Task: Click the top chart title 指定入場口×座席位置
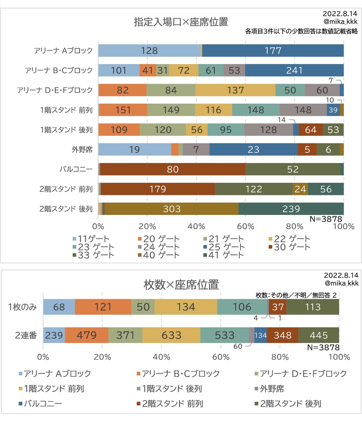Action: click(181, 22)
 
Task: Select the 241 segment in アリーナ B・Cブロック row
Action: click(294, 70)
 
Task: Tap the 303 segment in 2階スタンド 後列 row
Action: click(172, 209)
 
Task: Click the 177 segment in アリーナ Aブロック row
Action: click(273, 51)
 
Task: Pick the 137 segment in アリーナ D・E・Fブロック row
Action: click(235, 90)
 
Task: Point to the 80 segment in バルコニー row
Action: click(173, 169)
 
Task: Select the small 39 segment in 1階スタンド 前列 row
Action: click(333, 110)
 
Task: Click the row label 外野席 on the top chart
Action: click(82, 149)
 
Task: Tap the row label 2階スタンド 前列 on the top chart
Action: click(66, 189)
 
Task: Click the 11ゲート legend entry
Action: click(91, 239)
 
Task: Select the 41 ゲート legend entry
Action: click(223, 255)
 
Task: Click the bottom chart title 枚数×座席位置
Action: click(181, 284)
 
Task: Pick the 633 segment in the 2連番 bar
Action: click(171, 335)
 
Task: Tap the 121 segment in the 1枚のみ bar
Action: click(103, 307)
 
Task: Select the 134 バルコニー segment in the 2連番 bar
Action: click(260, 335)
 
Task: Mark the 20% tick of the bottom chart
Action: click(102, 357)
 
